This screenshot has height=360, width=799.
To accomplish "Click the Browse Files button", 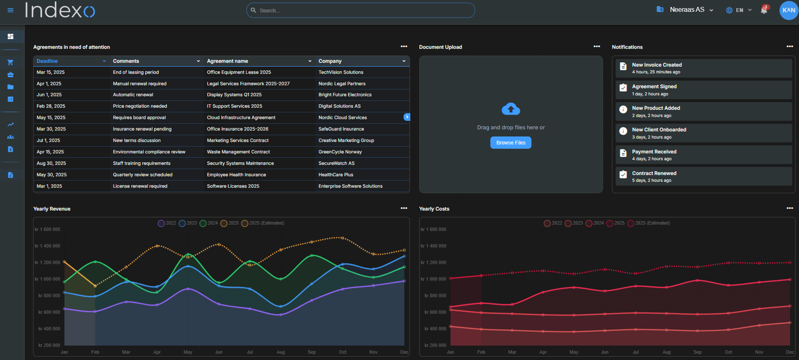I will (x=511, y=143).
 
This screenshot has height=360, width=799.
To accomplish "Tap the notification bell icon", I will (x=764, y=10).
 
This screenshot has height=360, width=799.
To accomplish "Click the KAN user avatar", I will (x=788, y=10).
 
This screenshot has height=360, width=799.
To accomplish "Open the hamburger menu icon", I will (x=11, y=10).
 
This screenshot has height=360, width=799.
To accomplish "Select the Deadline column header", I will (x=48, y=61).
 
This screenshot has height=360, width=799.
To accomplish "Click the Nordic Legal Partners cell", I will (x=342, y=84).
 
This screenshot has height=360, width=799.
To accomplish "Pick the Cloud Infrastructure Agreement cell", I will (x=241, y=118).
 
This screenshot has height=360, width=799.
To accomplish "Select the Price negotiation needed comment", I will (x=140, y=106).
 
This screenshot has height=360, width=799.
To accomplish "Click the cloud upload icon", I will (x=511, y=109).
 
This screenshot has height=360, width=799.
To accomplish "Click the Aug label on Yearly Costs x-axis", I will (x=666, y=352).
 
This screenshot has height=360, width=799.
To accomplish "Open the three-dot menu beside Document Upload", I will (x=597, y=47).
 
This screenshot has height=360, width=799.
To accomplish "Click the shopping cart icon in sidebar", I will (x=11, y=62).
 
